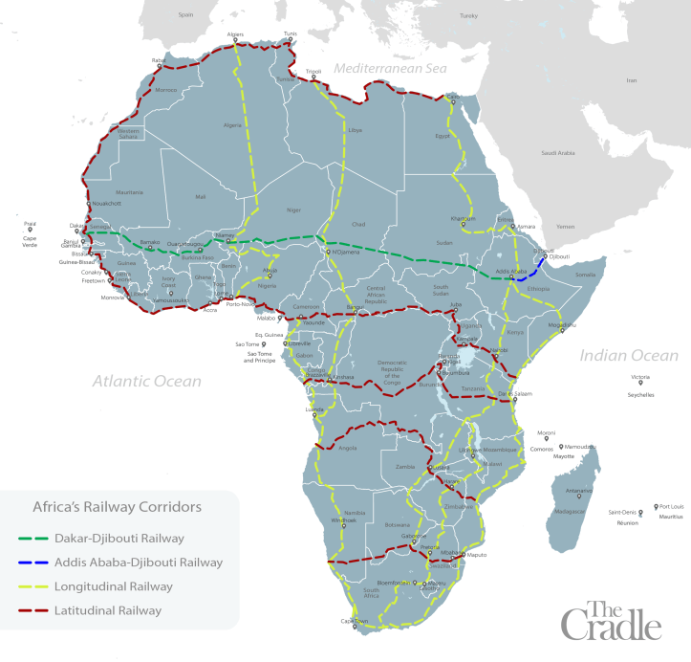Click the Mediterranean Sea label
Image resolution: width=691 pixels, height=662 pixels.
click(x=390, y=69)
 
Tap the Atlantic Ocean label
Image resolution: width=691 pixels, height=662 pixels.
click(x=146, y=381)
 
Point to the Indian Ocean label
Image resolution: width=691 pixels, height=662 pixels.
click(x=629, y=356)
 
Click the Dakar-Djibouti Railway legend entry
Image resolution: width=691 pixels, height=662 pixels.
click(x=119, y=539)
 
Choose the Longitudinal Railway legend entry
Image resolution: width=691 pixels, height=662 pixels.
click(x=116, y=586)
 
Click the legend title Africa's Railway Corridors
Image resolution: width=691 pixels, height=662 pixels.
click(x=118, y=506)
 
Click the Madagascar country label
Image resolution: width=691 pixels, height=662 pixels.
click(x=572, y=511)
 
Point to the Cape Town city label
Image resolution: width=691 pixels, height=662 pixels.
click(x=355, y=621)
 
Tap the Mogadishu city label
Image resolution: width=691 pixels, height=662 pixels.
click(x=563, y=325)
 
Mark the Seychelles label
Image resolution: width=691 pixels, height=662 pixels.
click(x=641, y=394)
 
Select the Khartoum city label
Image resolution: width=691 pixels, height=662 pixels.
click(x=463, y=218)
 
